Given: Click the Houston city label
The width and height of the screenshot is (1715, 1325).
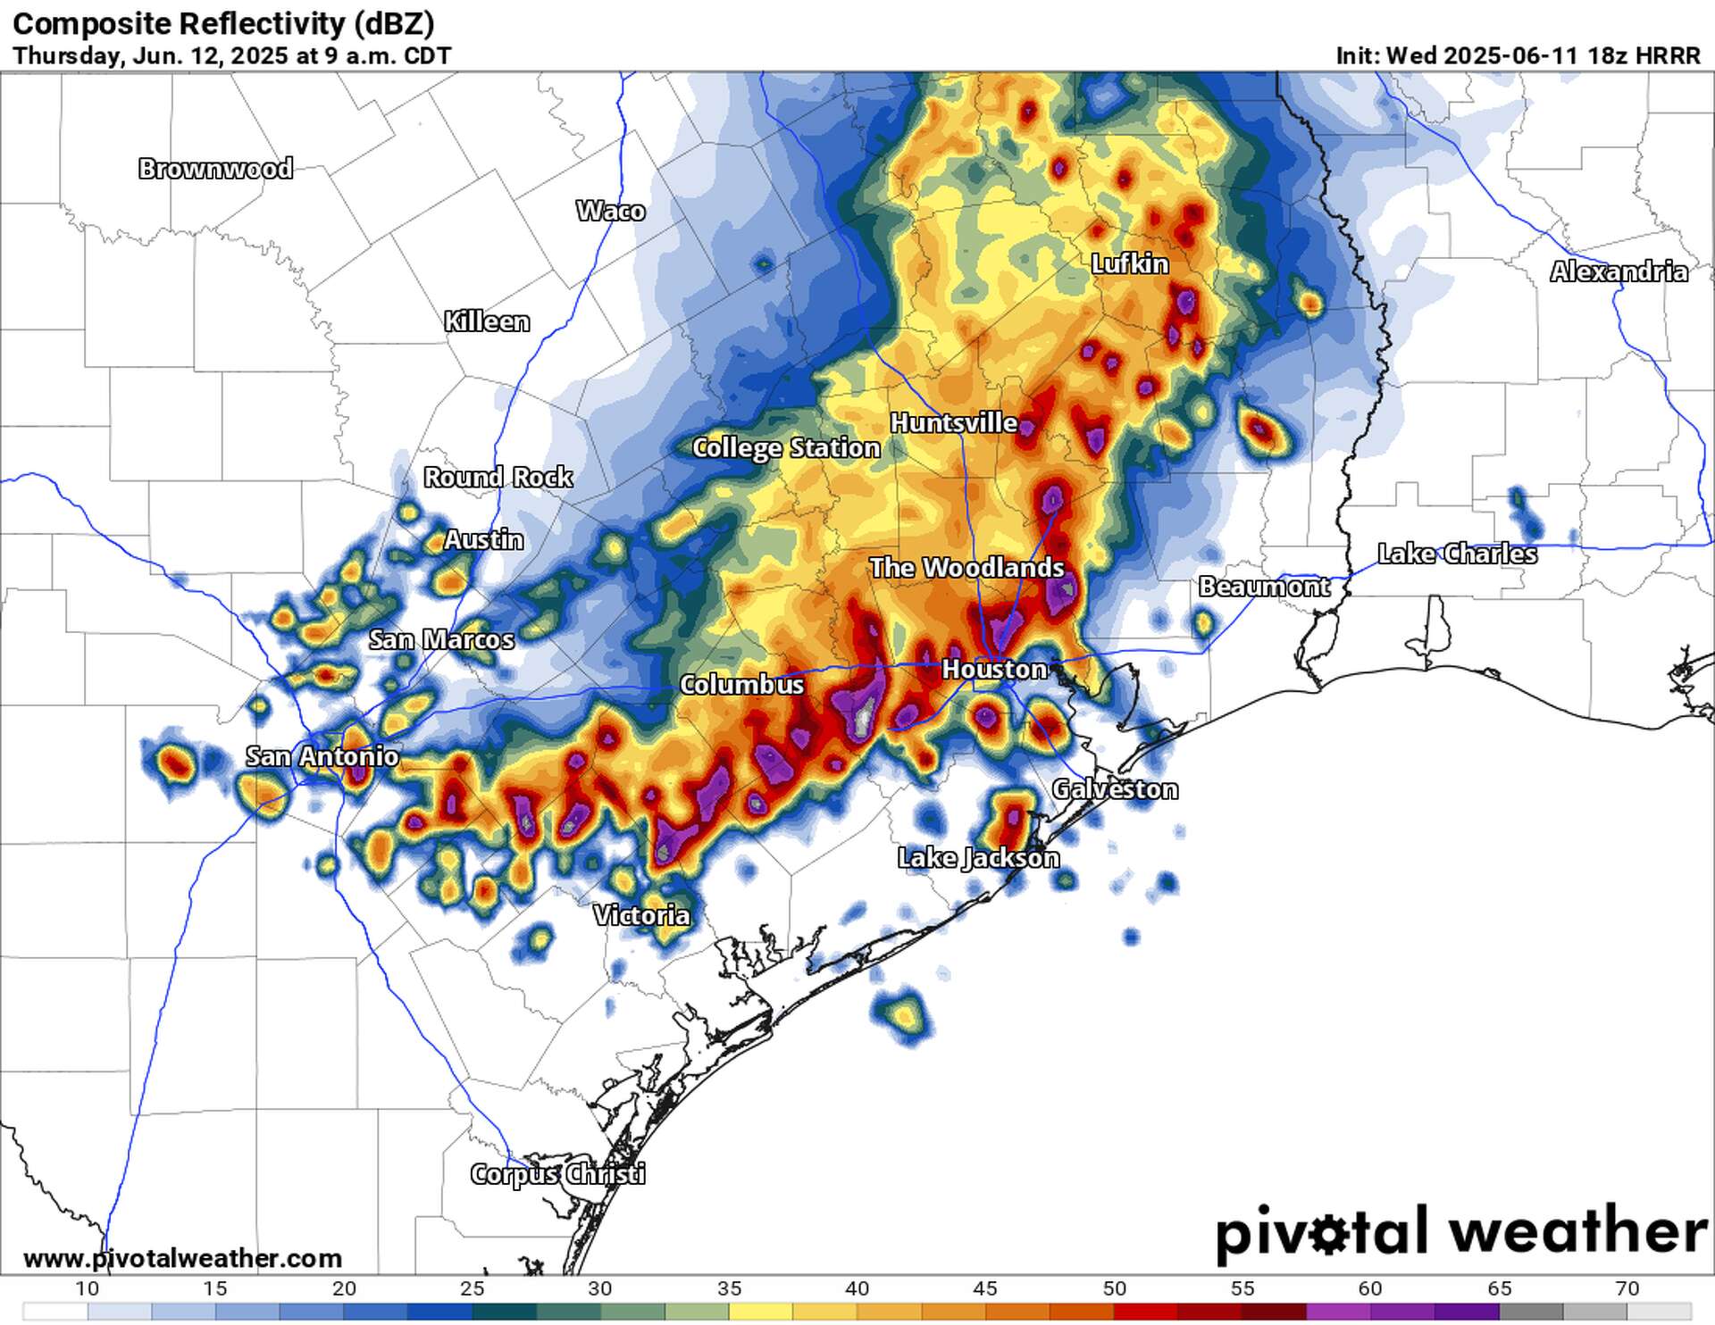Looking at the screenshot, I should coord(994,669).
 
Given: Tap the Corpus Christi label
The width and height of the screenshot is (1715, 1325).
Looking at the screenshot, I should coord(557,1173).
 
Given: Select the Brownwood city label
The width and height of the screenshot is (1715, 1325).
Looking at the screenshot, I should coord(215,168).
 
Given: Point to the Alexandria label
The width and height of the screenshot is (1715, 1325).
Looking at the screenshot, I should coord(1619,271).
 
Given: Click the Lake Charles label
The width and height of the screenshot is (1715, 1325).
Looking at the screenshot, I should coord(1457,554).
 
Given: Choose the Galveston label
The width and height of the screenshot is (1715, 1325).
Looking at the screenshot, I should coord(1115,789).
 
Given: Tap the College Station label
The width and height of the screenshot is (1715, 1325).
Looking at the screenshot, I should coord(786,447).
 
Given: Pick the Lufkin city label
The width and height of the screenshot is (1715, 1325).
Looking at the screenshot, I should coord(1130,263).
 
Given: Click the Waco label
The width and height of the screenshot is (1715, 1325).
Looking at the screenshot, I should coord(610,211).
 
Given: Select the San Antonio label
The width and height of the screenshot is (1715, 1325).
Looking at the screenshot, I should coord(322,756).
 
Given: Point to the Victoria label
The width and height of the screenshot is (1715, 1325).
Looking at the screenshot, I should coord(641,915).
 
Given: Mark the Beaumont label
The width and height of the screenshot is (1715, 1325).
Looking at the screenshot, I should coord(1264,587).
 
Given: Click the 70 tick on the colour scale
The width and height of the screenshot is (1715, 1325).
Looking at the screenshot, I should coord(1627,1288).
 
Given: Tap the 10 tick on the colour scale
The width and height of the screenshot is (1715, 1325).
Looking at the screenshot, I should coord(87,1288).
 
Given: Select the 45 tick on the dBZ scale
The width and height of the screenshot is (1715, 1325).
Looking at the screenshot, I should coord(985,1288).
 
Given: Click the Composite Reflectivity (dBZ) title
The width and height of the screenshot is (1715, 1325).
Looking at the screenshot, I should coord(223,23).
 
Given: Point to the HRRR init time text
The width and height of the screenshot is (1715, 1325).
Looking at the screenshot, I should coord(1518,55).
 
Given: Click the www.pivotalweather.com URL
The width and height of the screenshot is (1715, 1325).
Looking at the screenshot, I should coord(182,1259).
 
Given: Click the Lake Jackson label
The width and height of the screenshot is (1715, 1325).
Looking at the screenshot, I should coord(978,858).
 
